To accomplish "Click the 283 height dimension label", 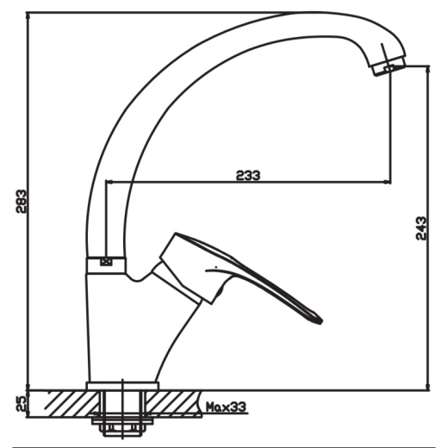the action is coord(21,201).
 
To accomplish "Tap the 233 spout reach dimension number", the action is coord(248,175).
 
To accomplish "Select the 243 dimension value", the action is coord(421,228).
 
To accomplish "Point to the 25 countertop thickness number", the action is coord(21,403).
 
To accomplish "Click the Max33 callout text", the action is coord(227,407).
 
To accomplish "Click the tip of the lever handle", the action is coord(321,321).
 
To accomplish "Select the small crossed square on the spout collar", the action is coord(106,262).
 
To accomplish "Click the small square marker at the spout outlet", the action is coord(389,68).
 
